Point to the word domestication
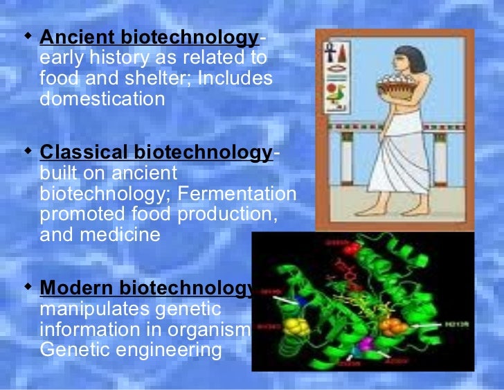[102, 99]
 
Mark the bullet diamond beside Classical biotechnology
[28, 150]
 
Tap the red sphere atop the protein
[353, 249]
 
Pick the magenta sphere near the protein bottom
[363, 344]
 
